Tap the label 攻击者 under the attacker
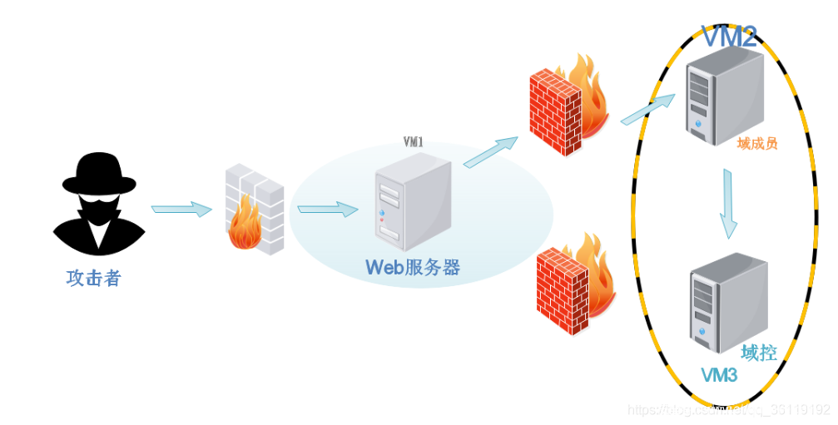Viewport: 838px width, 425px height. (x=94, y=278)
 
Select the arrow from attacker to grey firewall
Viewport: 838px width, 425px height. (x=181, y=209)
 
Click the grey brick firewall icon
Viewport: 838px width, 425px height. (x=255, y=209)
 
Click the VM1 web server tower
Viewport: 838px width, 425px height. (x=412, y=203)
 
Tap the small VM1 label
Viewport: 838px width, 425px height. (x=413, y=142)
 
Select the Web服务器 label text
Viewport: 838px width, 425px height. (x=413, y=267)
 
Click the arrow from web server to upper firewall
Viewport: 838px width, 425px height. (x=490, y=151)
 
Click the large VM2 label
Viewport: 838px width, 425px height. (x=729, y=37)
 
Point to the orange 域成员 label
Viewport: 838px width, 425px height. (x=757, y=144)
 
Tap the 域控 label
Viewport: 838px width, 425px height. (x=758, y=353)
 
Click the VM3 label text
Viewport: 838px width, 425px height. (x=719, y=376)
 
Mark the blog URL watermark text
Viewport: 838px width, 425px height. (x=729, y=410)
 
